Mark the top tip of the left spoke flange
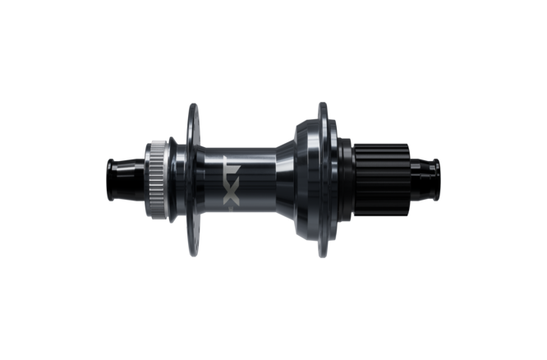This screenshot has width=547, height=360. coord(194,105)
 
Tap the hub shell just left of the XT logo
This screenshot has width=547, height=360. coord(211,179)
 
